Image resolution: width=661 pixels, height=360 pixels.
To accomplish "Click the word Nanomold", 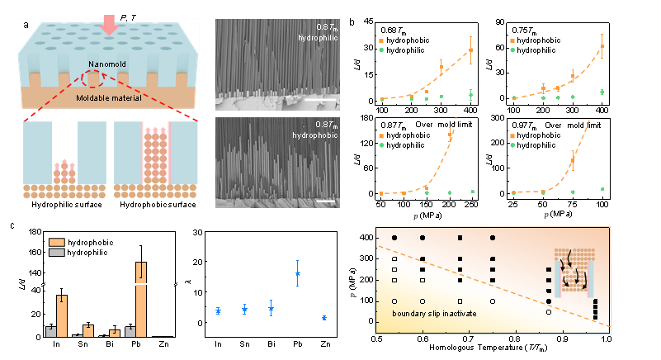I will (108, 64).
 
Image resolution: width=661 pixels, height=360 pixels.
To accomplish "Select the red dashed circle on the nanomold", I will (93, 79).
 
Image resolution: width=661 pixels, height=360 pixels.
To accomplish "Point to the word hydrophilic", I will (319, 38).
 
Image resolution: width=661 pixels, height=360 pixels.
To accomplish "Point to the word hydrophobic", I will (319, 134).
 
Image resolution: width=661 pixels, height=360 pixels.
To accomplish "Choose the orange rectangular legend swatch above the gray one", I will (57, 242).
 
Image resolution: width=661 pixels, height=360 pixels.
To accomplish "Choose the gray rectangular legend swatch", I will (57, 252).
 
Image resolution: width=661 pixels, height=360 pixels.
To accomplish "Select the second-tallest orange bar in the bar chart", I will (62, 315).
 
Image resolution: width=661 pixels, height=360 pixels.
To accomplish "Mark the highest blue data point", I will (297, 273).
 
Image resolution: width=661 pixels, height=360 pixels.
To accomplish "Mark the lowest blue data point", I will (324, 318).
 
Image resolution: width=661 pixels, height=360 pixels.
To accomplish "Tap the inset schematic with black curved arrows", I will (574, 272).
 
